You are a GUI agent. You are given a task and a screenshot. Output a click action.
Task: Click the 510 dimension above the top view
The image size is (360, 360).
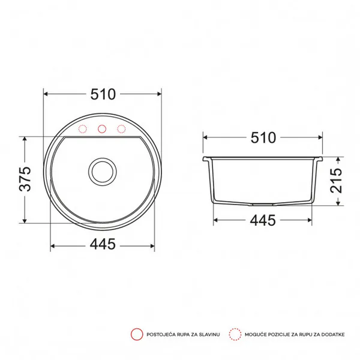click(103, 94)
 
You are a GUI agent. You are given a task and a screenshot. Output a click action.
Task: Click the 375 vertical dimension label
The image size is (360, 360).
click(25, 179)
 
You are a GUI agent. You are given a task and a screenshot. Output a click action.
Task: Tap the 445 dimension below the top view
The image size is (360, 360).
click(103, 244)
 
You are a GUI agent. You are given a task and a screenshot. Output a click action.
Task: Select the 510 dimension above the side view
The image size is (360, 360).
click(263, 138)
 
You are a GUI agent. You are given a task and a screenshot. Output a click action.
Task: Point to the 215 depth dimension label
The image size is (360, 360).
click(336, 181)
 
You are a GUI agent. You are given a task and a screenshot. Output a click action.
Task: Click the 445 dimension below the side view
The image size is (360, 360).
click(263, 220)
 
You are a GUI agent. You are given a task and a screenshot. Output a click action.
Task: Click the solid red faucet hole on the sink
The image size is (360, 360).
click(102, 129)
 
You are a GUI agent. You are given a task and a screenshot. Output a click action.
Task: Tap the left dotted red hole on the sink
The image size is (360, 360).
click(83, 129)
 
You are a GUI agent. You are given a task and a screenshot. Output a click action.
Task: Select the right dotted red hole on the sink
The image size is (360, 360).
click(121, 129)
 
